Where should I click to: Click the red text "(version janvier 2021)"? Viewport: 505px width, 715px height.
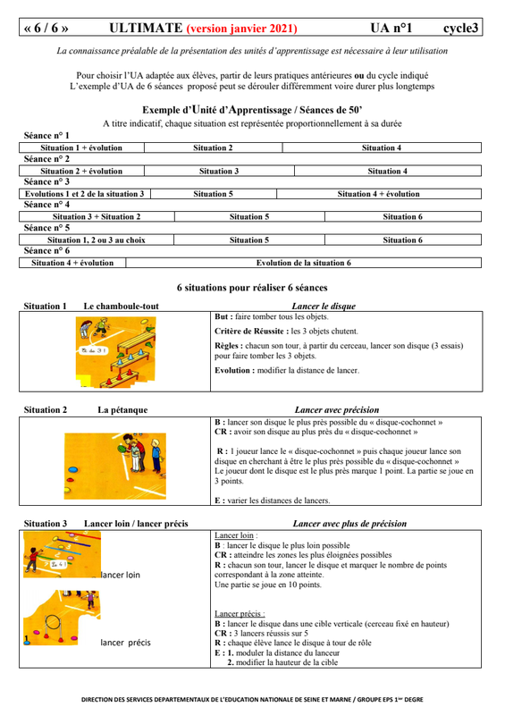tap(242, 29)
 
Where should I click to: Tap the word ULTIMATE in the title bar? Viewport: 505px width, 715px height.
tap(146, 28)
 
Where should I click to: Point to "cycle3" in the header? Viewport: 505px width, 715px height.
tap(460, 29)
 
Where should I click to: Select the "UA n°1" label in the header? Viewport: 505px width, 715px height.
tap(391, 28)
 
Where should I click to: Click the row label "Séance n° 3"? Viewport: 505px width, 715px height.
tap(46, 181)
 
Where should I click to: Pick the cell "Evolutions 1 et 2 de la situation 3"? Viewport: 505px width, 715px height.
tap(84, 194)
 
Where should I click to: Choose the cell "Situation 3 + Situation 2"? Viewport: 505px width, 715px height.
tap(97, 216)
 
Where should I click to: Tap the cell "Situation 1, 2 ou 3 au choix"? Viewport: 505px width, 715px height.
tap(97, 240)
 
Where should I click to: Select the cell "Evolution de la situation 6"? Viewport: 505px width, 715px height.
tap(303, 263)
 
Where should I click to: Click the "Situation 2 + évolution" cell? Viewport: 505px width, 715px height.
tap(81, 171)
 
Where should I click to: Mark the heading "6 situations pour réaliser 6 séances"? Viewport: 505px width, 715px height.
tap(252, 288)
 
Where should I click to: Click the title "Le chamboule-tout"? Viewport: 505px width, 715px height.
tap(121, 306)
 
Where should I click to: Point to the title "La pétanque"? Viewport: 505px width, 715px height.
tap(122, 409)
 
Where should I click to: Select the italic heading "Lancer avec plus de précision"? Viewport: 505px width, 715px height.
tap(349, 524)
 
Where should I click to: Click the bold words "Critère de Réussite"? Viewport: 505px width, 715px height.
tap(251, 331)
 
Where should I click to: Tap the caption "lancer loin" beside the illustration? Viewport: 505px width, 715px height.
tap(121, 575)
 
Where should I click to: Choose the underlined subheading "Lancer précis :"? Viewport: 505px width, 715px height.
tap(240, 613)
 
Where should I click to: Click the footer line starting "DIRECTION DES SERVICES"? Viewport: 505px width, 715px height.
tap(252, 699)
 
